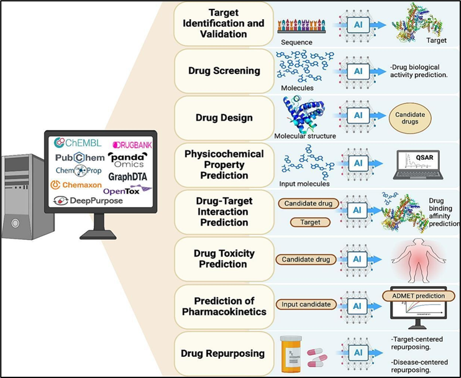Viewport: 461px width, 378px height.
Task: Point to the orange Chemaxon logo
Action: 75,185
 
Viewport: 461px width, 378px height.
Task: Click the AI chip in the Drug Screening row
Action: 357,70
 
